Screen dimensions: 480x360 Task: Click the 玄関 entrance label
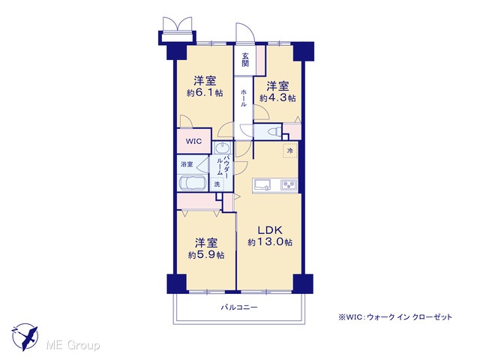(245, 60)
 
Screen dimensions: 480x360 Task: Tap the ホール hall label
(244, 97)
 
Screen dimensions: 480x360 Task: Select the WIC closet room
(194, 141)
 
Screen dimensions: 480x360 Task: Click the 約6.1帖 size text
(205, 93)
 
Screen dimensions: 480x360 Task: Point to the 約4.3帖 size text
(277, 98)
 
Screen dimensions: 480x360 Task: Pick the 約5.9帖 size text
(206, 255)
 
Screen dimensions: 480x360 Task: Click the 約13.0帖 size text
(270, 242)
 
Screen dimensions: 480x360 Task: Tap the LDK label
(270, 230)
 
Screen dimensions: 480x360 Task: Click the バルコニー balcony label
(239, 307)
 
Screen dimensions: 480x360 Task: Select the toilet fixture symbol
(275, 132)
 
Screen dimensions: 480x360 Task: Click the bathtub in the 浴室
(192, 183)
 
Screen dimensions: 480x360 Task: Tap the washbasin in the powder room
(222, 148)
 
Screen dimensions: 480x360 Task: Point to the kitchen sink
(262, 184)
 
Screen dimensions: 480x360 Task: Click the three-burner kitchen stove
(289, 185)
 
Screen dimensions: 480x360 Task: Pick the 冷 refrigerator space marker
(290, 150)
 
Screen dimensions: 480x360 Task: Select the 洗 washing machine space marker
(217, 184)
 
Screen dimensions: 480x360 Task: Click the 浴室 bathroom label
(187, 164)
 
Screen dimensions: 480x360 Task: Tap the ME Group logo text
(73, 346)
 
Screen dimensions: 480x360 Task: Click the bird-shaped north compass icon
(25, 337)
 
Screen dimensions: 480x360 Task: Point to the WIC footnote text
(395, 317)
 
